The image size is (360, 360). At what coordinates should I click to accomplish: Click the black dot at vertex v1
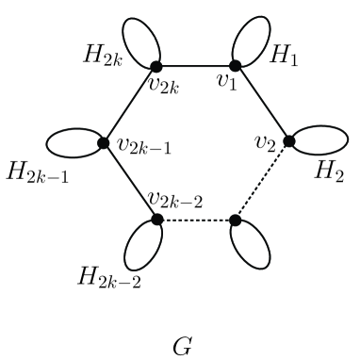pos(236,65)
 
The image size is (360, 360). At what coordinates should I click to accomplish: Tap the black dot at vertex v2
pos(289,141)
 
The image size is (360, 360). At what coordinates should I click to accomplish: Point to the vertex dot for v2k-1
pos(104,143)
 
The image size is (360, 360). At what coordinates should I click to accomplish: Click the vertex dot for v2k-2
pos(156,220)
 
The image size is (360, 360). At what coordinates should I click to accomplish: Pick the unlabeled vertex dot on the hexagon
pos(236,221)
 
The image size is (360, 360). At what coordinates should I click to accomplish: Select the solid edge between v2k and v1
pos(196,65)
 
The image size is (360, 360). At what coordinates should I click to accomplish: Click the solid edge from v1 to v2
pos(263,104)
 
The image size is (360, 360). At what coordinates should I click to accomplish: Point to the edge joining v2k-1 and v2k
pos(130,104)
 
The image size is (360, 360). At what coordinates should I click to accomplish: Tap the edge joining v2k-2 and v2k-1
pos(130,181)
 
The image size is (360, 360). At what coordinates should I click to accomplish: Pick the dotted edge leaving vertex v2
pos(263,181)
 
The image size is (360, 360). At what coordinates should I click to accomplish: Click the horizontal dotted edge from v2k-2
pos(196,221)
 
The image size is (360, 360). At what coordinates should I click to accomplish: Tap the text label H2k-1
pos(35,175)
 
